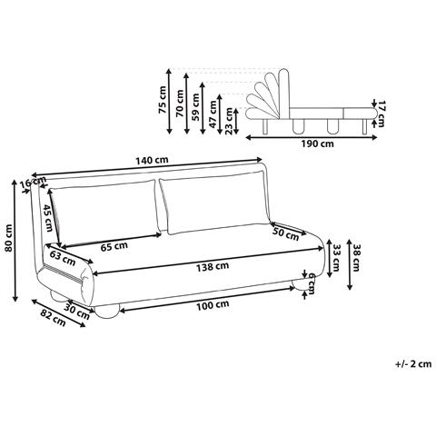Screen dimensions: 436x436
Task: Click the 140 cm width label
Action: (152, 160)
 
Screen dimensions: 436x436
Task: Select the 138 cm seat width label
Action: (213, 267)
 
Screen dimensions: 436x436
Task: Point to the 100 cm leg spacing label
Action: (213, 304)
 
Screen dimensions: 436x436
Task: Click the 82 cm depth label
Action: (53, 319)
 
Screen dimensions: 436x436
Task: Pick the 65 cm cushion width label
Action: (114, 246)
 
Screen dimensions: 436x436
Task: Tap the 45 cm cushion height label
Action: (48, 218)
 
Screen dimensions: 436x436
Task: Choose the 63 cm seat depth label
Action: (63, 259)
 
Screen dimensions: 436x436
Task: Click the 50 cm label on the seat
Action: (285, 233)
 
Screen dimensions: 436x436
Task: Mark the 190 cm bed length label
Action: (317, 144)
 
